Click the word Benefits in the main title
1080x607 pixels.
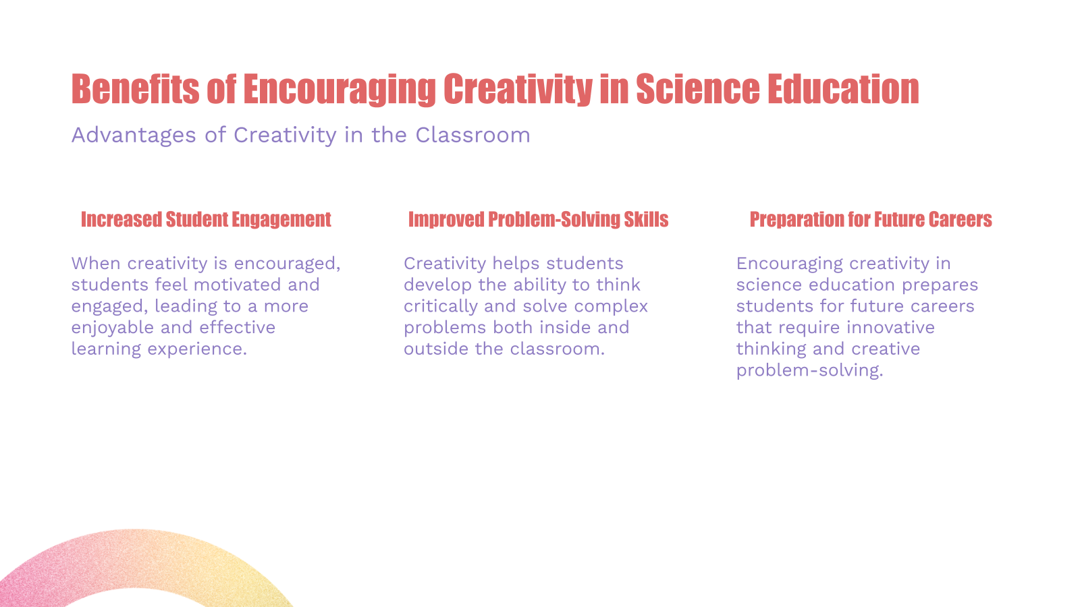click(x=135, y=89)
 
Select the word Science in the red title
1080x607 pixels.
click(x=697, y=89)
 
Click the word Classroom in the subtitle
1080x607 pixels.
click(x=473, y=135)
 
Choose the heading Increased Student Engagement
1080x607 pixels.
click(x=206, y=219)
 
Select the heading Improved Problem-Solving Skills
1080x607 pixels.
click(x=538, y=219)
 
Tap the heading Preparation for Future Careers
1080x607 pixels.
click(x=871, y=219)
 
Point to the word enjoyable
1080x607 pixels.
click(x=113, y=328)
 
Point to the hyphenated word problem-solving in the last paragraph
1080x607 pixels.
click(x=809, y=370)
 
